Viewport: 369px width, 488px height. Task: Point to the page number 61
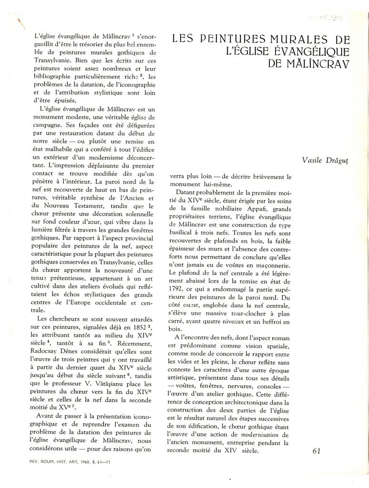coord(319,451)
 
